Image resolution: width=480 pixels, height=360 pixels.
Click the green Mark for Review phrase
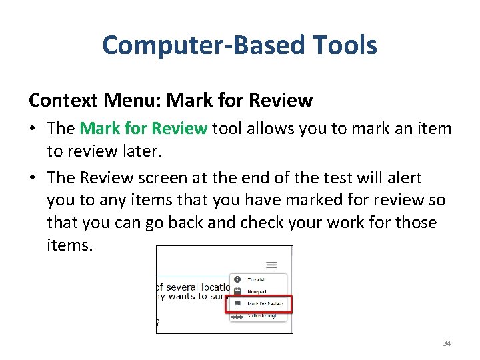click(143, 129)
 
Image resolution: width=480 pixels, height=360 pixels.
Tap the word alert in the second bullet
click(402, 177)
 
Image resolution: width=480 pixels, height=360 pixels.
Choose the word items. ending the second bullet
click(70, 245)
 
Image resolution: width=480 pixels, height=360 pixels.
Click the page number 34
click(447, 343)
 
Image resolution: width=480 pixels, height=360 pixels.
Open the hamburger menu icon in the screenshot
click(271, 265)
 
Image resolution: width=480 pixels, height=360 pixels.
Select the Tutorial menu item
click(256, 280)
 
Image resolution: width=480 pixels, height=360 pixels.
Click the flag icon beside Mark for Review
click(237, 303)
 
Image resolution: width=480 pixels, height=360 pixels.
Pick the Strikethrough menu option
click(263, 315)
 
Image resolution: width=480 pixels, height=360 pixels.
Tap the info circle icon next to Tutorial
click(237, 279)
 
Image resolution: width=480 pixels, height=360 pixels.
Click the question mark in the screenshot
click(158, 324)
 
